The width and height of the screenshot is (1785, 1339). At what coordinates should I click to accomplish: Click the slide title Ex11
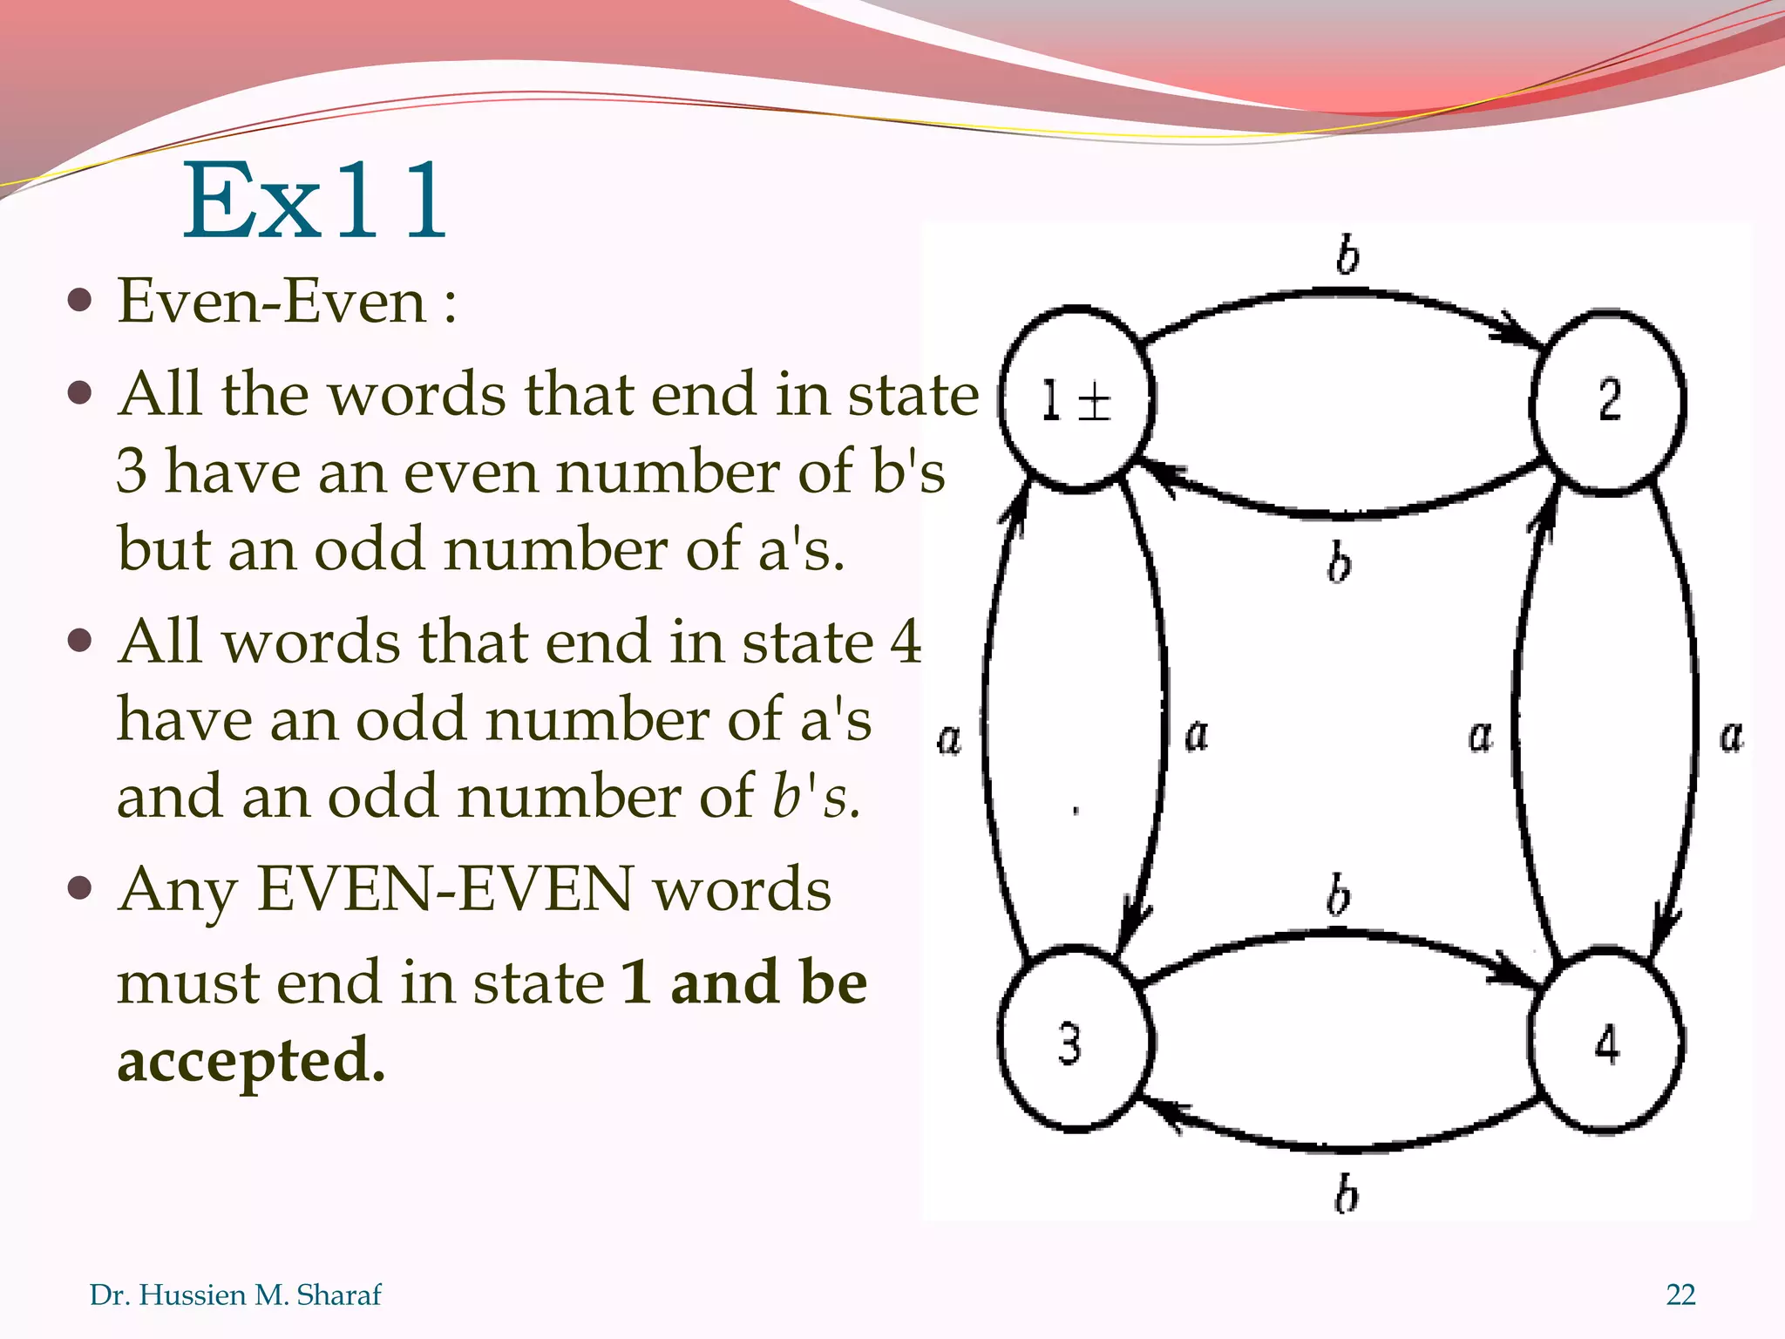315,202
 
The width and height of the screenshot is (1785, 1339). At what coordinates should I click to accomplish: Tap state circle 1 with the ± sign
1076,400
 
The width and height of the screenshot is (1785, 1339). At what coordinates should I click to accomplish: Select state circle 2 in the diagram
1608,400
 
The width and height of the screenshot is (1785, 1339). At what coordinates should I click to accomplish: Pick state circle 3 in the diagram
1075,1041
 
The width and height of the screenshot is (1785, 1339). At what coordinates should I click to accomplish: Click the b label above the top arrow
1347,255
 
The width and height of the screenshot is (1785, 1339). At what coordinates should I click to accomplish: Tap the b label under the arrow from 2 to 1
1340,561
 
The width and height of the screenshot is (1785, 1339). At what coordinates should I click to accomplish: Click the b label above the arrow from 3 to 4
1339,896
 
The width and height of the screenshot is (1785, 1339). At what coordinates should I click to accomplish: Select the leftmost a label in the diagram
949,738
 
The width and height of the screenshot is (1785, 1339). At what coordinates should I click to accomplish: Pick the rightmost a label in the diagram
1732,736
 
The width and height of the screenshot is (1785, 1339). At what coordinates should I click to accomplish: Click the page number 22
1680,1295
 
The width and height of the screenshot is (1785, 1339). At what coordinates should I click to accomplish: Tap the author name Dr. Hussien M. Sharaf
235,1295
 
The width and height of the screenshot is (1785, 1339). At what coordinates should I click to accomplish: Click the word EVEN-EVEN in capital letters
445,889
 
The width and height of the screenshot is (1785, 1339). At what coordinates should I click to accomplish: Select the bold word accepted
250,1060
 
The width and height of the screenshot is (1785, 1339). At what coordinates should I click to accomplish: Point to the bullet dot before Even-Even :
80,302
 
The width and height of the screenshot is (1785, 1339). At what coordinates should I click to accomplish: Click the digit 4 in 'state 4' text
905,642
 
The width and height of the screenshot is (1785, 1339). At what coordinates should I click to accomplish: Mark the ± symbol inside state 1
1095,403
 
